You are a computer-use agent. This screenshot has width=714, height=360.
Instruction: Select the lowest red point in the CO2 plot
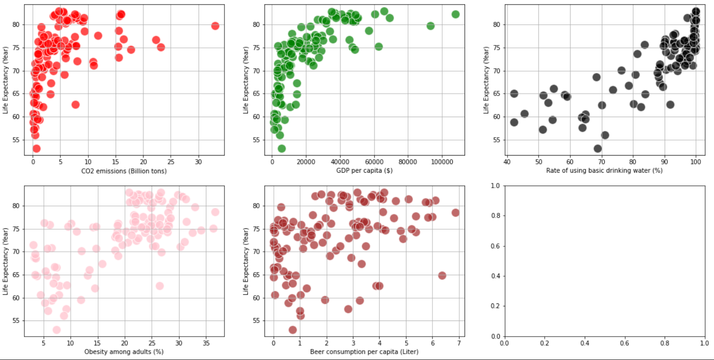(x=36, y=148)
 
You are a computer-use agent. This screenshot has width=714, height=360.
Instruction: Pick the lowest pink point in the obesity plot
(x=57, y=330)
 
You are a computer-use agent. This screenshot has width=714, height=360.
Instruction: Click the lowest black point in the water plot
(x=598, y=148)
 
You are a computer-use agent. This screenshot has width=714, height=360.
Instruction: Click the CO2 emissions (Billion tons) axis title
(x=124, y=171)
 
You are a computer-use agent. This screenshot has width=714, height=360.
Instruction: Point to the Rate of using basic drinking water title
(x=605, y=171)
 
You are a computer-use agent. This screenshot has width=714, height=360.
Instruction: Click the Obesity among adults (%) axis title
(x=124, y=351)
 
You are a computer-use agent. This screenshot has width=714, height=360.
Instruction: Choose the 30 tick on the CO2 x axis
(x=199, y=162)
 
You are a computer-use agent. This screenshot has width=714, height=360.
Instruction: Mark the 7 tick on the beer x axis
(x=458, y=343)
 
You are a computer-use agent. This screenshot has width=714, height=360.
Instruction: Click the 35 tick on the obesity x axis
(x=206, y=343)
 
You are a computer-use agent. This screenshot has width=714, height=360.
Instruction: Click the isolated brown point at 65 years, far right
(x=442, y=276)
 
